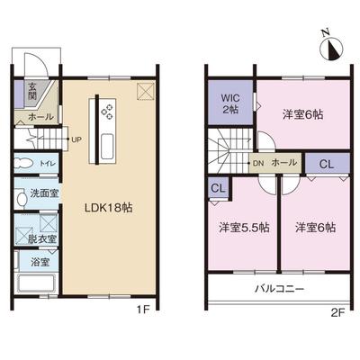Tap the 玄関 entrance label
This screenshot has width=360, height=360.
pyautogui.click(x=31, y=92)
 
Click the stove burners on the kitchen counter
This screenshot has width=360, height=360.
pyautogui.click(x=107, y=112)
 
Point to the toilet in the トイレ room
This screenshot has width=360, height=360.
pyautogui.click(x=25, y=165)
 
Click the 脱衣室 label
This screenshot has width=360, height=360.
pyautogui.click(x=40, y=238)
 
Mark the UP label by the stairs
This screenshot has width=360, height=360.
pyautogui.click(x=76, y=140)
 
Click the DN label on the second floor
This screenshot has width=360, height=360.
pyautogui.click(x=257, y=164)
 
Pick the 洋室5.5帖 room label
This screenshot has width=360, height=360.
pyautogui.click(x=243, y=228)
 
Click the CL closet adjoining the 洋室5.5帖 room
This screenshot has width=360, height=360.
pyautogui.click(x=218, y=188)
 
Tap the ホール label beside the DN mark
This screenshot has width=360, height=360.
pyautogui.click(x=284, y=164)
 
